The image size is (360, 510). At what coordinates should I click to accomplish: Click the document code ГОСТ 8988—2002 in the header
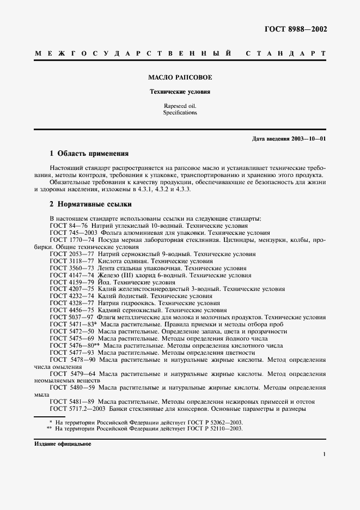[x=296, y=30]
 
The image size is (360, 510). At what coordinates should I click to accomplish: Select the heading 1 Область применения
[x=89, y=154]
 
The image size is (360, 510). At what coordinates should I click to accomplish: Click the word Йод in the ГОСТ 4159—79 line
[x=104, y=283]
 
